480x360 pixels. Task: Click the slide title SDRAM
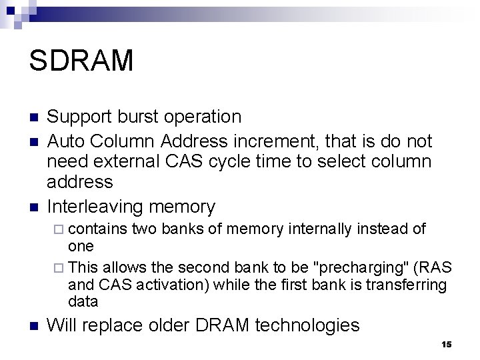81,60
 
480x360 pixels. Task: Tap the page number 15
446,344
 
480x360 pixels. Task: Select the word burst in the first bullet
135,117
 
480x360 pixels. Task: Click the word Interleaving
97,207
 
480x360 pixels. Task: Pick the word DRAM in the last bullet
225,325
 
